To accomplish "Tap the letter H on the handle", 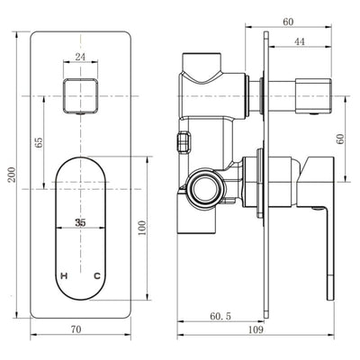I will point(63,274).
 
